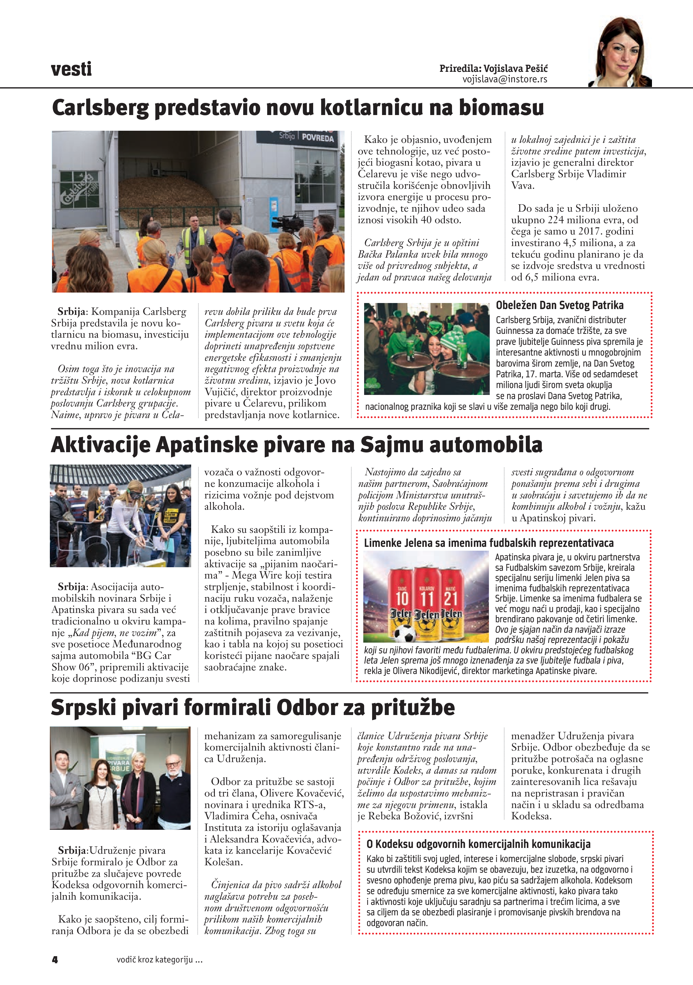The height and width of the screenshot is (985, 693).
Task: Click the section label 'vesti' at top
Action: (x=71, y=69)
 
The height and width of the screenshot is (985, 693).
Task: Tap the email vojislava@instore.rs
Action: (x=505, y=79)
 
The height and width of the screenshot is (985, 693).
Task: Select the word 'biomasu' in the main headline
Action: (x=501, y=107)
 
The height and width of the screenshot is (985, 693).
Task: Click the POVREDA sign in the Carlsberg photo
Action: (x=318, y=138)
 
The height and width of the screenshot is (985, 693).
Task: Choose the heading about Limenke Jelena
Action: (x=489, y=543)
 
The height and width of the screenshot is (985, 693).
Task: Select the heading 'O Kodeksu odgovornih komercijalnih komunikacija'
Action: (x=478, y=844)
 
